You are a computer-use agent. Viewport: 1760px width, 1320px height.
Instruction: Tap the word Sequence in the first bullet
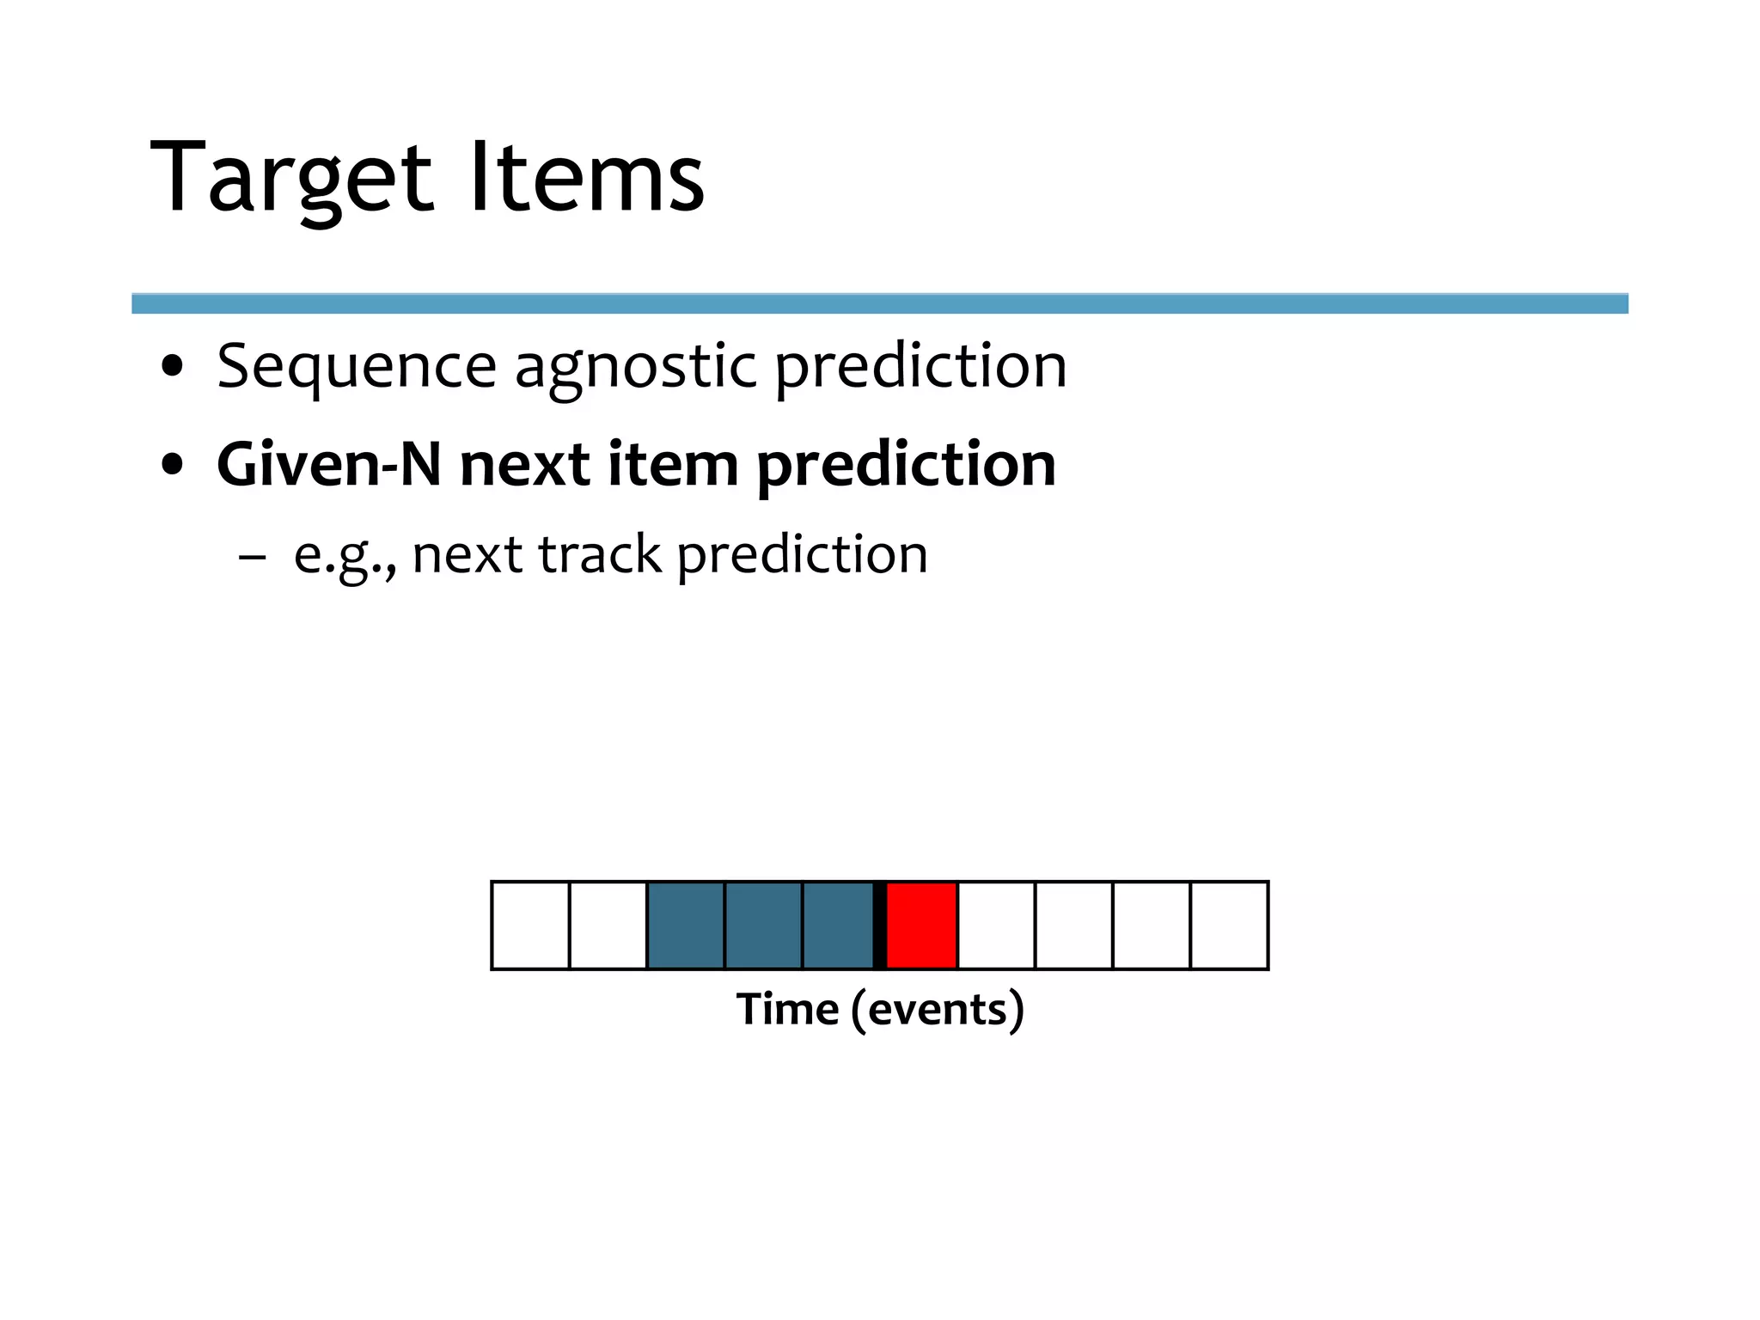(356, 368)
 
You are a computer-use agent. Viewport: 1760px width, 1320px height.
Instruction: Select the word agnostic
(635, 368)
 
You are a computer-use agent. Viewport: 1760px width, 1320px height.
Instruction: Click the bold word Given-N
(329, 465)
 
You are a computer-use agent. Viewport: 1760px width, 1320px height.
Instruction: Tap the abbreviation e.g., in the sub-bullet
(345, 556)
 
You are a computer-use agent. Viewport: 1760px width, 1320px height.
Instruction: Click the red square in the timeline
(921, 926)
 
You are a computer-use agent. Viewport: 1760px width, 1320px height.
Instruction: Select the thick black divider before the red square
(880, 926)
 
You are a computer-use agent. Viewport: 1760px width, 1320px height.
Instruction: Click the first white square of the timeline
(530, 926)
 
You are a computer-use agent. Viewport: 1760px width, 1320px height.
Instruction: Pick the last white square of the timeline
(1229, 926)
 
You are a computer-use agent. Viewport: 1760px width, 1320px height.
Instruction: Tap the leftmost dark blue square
(686, 926)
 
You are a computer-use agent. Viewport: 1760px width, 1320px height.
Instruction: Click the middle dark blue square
(763, 926)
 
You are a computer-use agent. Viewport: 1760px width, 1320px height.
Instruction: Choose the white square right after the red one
(997, 926)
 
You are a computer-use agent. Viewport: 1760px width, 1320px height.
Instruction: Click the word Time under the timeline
(787, 1009)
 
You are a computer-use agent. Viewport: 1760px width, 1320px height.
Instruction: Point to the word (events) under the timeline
(938, 1010)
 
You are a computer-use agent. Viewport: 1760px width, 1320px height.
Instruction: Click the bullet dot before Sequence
(173, 367)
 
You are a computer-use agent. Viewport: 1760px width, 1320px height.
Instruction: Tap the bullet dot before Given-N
(173, 465)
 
